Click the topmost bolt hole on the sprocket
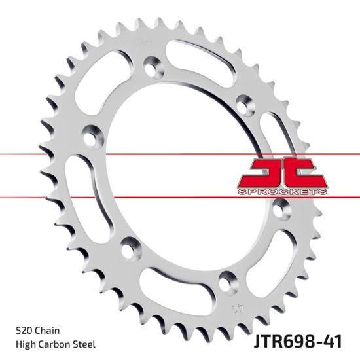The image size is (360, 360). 153,68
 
